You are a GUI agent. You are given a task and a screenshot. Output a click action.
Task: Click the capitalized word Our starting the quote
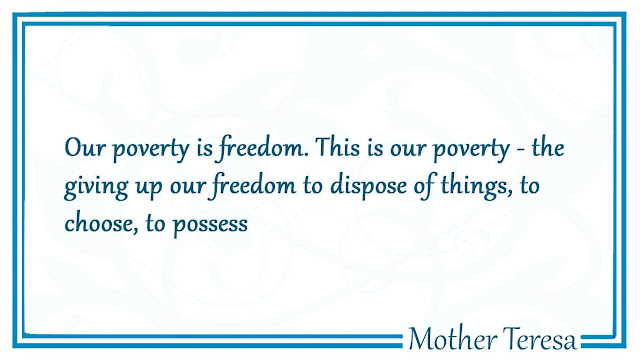tap(85, 147)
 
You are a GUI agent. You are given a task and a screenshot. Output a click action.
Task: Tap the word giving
tap(96, 187)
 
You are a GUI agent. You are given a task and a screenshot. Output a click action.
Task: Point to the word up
tap(149, 188)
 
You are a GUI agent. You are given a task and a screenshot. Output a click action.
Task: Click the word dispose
tap(369, 186)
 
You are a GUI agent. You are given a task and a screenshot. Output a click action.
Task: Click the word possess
tap(211, 225)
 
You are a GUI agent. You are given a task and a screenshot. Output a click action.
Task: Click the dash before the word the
tap(520, 150)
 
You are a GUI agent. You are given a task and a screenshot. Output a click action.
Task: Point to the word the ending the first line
tap(548, 147)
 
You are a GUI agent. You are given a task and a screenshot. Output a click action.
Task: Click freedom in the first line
tap(262, 148)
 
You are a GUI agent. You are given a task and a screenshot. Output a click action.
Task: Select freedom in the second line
tap(253, 186)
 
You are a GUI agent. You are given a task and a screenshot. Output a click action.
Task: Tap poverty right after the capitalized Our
tap(151, 149)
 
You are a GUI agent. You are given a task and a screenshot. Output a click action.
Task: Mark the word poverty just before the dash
tap(471, 149)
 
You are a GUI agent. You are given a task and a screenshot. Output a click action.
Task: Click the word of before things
tap(424, 186)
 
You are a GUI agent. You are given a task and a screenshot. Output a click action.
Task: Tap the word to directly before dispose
tap(313, 186)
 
